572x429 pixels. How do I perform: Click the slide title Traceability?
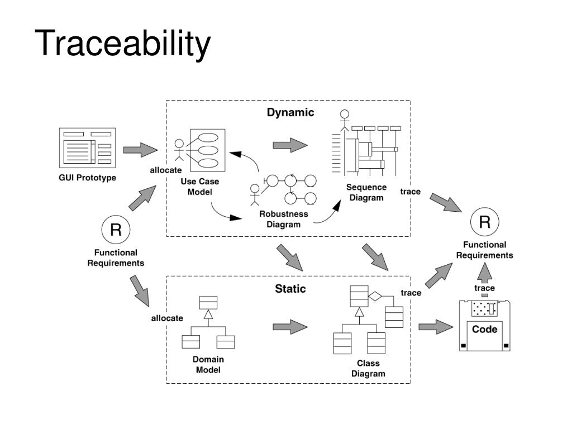122,44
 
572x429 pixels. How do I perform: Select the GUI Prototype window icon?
88,147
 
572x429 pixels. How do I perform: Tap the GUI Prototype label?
88,178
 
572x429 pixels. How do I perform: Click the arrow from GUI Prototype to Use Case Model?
140,150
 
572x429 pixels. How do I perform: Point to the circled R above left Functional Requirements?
116,230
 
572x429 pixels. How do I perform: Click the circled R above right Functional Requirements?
484,221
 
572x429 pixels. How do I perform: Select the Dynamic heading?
290,112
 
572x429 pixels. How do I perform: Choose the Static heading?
290,289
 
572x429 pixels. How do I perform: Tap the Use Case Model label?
200,187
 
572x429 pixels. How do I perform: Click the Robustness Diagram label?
283,219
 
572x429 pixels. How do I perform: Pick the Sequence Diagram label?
366,192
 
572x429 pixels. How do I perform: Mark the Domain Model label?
208,364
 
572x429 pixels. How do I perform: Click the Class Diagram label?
368,369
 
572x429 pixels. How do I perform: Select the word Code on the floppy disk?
484,329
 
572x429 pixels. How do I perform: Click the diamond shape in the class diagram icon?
375,296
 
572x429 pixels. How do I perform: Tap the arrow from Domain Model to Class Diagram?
290,327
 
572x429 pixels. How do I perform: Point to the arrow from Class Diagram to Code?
436,326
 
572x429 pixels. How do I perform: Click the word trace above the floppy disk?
484,288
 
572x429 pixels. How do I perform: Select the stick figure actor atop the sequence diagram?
344,121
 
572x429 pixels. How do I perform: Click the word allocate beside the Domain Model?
167,318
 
